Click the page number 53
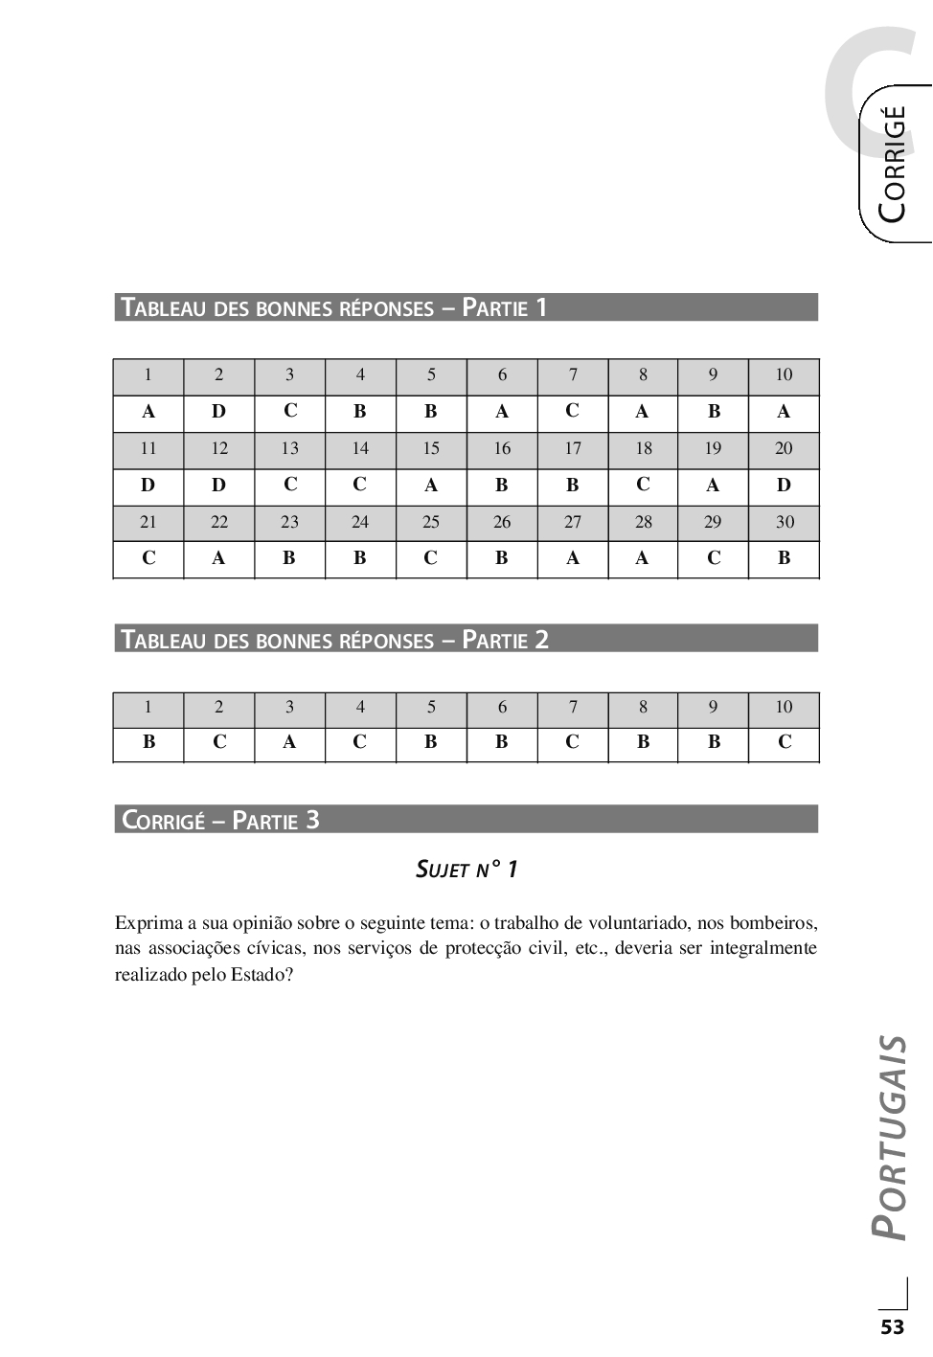[x=892, y=1327]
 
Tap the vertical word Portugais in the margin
[x=891, y=1137]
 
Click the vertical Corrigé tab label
[x=892, y=164]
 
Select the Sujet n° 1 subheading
[x=466, y=870]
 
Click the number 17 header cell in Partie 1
[x=573, y=448]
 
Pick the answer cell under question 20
[x=784, y=486]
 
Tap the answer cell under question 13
[x=290, y=486]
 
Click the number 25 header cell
[x=431, y=522]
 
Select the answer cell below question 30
[x=784, y=558]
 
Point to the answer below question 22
[x=219, y=558]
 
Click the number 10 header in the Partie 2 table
[x=784, y=708]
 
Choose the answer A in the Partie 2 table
[x=290, y=742]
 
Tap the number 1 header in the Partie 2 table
[x=148, y=708]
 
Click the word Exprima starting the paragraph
[x=148, y=924]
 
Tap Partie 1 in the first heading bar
[x=505, y=307]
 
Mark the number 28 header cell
[x=644, y=522]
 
